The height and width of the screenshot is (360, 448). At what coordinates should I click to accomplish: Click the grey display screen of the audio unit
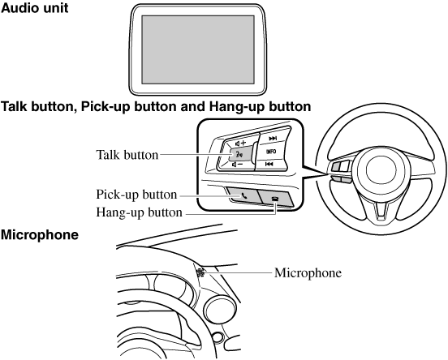tap(198, 49)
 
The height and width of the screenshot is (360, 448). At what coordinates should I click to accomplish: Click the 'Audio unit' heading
tap(35, 8)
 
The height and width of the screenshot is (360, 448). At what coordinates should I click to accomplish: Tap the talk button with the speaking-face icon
tap(241, 154)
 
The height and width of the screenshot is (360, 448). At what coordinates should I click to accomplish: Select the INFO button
tap(271, 152)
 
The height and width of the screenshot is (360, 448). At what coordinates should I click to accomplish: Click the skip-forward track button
tap(273, 139)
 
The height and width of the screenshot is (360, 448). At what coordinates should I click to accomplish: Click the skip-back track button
tap(269, 164)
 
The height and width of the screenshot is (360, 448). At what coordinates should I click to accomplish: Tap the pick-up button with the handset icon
tap(243, 195)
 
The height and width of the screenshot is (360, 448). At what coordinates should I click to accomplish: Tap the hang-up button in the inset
tap(276, 198)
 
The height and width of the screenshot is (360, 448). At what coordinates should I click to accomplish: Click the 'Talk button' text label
tap(127, 155)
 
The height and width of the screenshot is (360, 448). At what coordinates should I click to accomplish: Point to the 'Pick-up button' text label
tap(136, 195)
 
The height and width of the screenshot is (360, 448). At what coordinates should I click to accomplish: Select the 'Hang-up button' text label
tap(139, 212)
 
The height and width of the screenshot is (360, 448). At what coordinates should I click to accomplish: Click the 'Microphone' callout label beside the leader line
tap(308, 273)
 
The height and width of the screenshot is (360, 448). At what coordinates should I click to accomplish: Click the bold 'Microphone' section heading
tap(40, 235)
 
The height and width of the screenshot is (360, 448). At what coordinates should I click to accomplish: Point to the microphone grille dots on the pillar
tap(200, 272)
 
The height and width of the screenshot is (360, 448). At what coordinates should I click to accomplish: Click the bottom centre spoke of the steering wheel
tap(381, 212)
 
